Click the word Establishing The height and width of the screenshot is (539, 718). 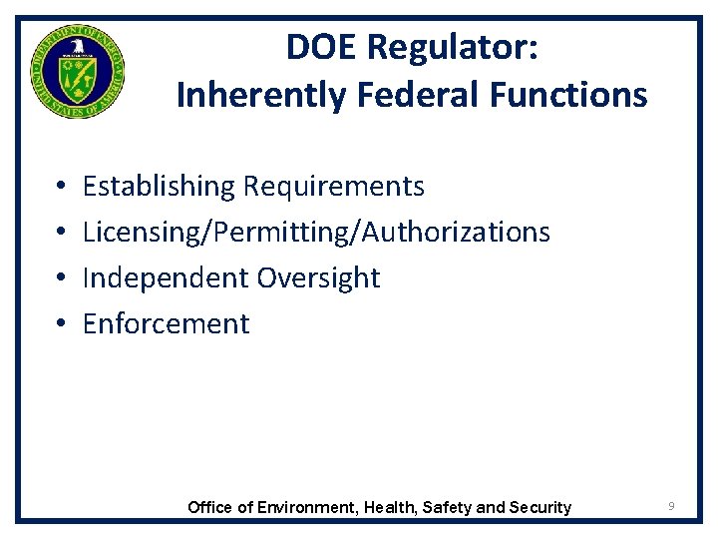(x=159, y=187)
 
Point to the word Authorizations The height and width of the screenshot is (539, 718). (x=456, y=233)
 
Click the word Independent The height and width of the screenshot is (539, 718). (x=166, y=277)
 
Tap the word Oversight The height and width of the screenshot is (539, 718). (x=318, y=277)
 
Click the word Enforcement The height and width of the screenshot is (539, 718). (x=167, y=323)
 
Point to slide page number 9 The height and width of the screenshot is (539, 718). (x=672, y=507)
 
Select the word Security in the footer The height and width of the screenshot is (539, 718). (x=540, y=507)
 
